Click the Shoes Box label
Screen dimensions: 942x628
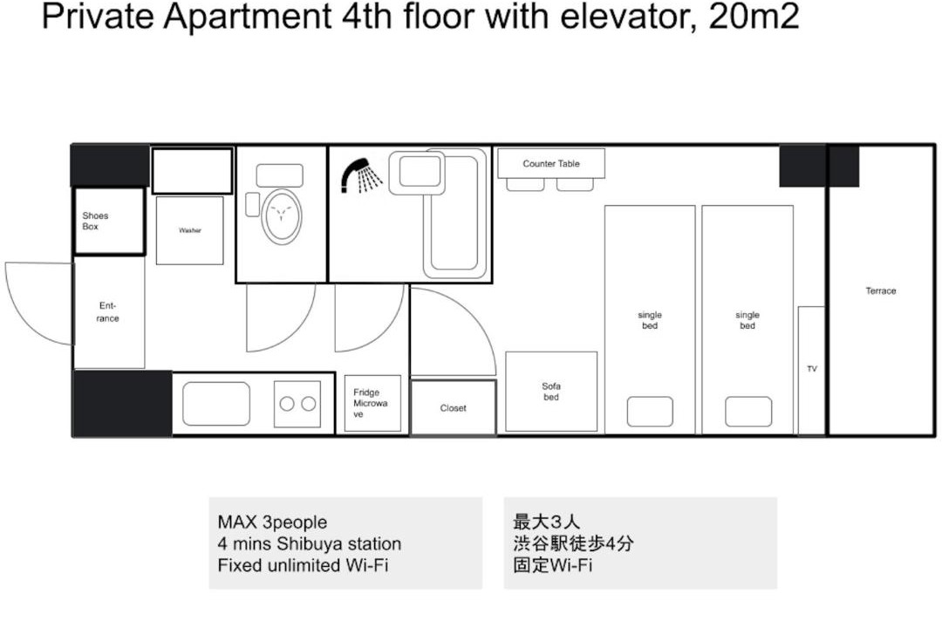[95, 222]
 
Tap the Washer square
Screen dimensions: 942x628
[190, 231]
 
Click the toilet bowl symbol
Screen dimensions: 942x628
[281, 216]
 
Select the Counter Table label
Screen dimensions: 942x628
[551, 163]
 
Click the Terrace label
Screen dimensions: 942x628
[881, 290]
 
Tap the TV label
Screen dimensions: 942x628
[812, 369]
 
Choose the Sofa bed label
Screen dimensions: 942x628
[551, 392]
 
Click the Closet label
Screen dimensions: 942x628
[453, 408]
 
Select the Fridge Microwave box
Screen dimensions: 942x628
[372, 403]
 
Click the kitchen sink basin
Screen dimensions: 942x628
[216, 404]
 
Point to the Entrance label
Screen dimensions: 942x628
[107, 312]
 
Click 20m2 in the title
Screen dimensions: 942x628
[754, 17]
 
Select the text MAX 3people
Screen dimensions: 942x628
[272, 522]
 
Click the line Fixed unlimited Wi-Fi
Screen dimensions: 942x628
[303, 565]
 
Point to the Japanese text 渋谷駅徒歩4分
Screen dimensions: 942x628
[573, 543]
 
